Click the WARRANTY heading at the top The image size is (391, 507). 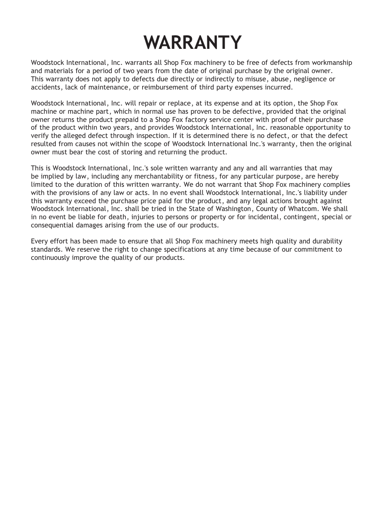click(193, 42)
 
